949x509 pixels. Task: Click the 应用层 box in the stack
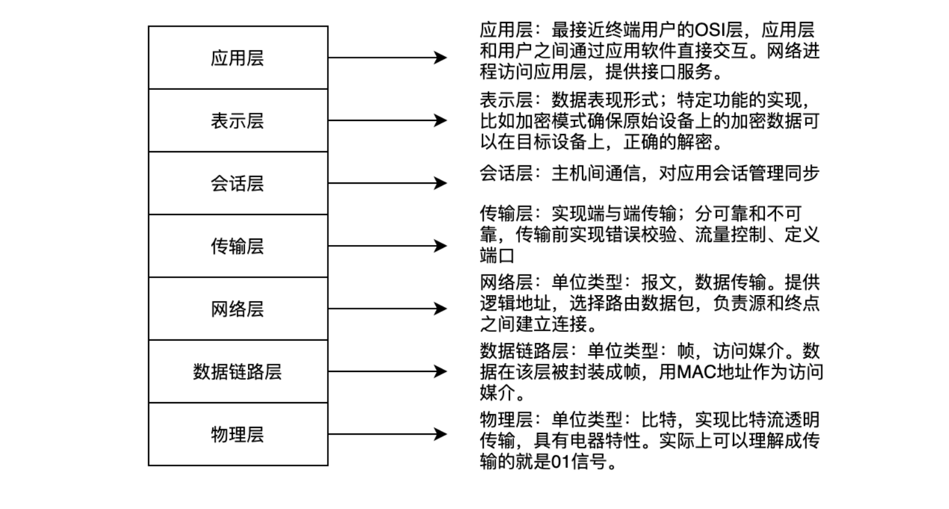[x=238, y=58]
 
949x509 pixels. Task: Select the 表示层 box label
[x=237, y=121]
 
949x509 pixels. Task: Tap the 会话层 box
[x=238, y=184]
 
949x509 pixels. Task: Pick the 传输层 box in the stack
[x=238, y=246]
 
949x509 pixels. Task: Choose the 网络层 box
[x=238, y=309]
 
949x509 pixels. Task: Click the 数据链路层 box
[x=238, y=372]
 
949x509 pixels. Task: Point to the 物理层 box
[x=238, y=435]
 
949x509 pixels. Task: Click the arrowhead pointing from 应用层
[x=440, y=58]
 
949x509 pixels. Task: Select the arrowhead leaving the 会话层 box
[x=440, y=184]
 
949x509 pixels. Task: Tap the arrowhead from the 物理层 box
[x=440, y=435]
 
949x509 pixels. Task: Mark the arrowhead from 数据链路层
[x=440, y=372]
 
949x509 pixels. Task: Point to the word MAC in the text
[x=695, y=372]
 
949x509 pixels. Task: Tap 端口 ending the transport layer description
[x=497, y=256]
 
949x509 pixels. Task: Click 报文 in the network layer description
[x=659, y=282]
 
